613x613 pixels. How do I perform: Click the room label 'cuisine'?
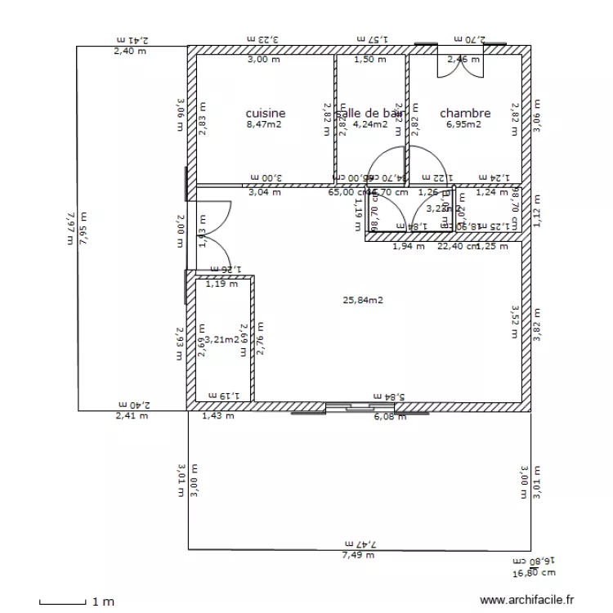[x=266, y=114]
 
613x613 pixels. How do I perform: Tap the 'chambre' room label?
[x=465, y=114]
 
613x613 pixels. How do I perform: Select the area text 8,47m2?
[x=264, y=125]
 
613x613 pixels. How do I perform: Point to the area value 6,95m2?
[x=463, y=125]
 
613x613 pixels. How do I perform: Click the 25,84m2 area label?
[x=363, y=300]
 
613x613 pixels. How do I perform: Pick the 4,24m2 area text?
[x=369, y=125]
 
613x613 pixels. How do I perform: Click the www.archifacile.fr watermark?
[x=527, y=601]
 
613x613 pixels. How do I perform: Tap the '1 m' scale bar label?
[x=103, y=602]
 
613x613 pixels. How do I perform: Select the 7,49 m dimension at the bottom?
[x=358, y=555]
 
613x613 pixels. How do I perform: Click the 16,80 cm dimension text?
[x=532, y=574]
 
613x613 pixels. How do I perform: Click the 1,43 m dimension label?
[x=217, y=416]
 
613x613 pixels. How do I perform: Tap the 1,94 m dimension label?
[x=409, y=245]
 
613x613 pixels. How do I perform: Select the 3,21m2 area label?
[x=221, y=339]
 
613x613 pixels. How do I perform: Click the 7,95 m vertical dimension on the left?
[x=83, y=231]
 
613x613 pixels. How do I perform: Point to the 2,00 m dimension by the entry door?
[x=181, y=231]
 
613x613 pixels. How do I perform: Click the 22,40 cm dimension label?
[x=457, y=245]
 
